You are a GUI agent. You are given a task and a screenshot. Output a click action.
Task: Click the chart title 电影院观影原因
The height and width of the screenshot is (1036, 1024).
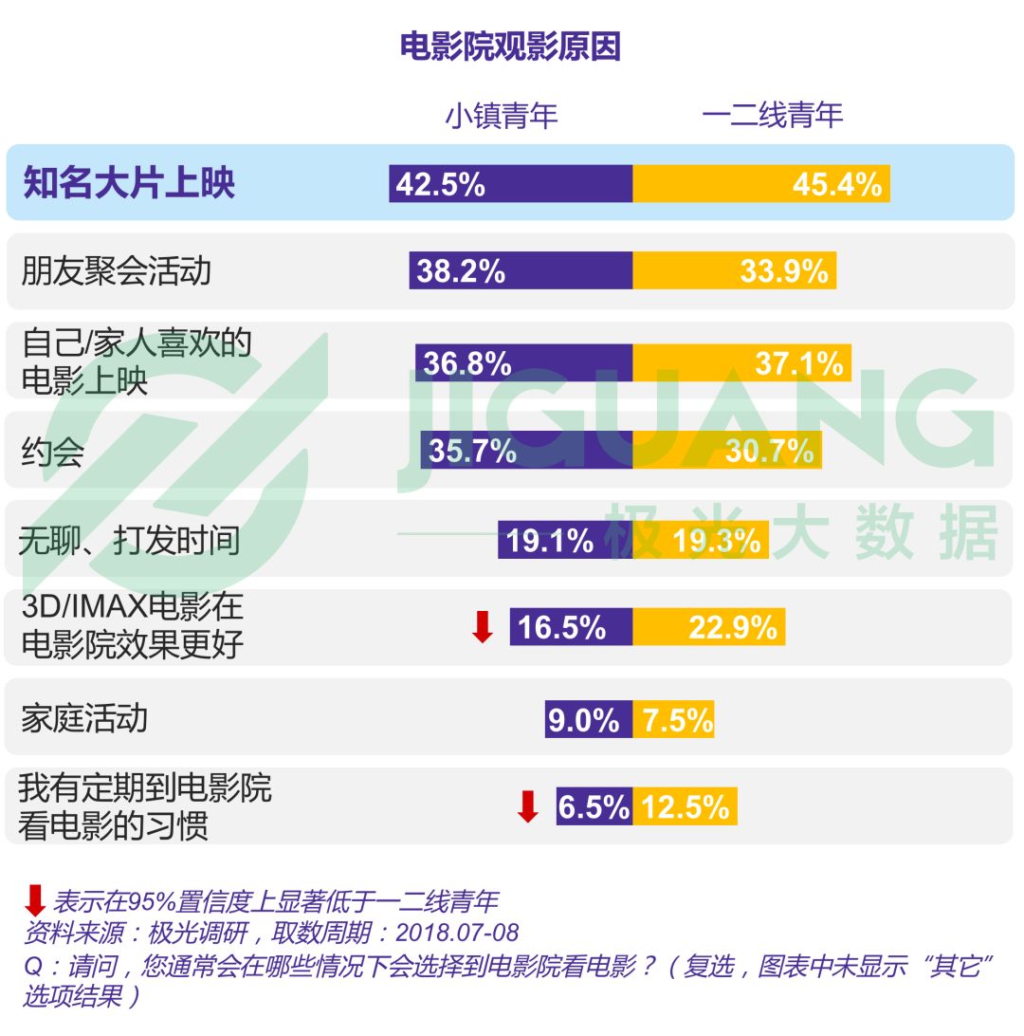click(x=510, y=46)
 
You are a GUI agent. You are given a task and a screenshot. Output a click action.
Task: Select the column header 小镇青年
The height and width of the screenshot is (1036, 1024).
click(x=502, y=116)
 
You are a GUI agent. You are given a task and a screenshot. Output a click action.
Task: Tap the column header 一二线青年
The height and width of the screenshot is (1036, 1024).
click(x=772, y=116)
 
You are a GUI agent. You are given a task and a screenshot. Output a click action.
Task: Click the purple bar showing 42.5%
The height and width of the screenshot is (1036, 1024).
click(x=510, y=183)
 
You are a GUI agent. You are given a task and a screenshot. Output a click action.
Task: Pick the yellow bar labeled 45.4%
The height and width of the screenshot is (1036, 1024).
click(x=761, y=183)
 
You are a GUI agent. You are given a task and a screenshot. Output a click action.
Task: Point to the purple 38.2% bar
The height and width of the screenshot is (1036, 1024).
click(x=521, y=271)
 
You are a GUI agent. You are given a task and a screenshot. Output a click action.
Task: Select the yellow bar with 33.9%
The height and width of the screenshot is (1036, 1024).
click(x=734, y=271)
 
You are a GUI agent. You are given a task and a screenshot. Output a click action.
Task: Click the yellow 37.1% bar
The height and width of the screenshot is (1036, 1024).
click(x=741, y=362)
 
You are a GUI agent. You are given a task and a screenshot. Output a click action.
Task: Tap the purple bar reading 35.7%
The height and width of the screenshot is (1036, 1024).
click(x=526, y=450)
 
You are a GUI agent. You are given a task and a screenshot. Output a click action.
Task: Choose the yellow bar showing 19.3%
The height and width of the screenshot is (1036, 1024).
click(x=701, y=540)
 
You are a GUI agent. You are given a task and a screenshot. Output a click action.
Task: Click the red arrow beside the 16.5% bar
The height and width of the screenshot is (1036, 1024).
click(x=483, y=627)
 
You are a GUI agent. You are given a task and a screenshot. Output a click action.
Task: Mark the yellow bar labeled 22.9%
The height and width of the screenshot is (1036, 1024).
click(x=709, y=627)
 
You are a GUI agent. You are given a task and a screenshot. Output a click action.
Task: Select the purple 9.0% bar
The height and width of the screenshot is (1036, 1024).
click(x=588, y=720)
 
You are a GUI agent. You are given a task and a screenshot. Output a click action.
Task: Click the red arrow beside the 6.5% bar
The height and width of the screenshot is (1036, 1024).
click(x=527, y=806)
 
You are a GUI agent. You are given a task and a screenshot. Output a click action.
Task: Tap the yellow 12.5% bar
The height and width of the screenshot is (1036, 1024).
click(x=685, y=806)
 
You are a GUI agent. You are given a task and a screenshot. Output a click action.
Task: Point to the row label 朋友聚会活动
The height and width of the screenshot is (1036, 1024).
click(x=116, y=271)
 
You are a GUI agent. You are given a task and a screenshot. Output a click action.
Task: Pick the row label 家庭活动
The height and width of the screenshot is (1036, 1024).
click(x=84, y=718)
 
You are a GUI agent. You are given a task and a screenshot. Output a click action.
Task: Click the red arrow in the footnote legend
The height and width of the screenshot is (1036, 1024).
click(x=35, y=898)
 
